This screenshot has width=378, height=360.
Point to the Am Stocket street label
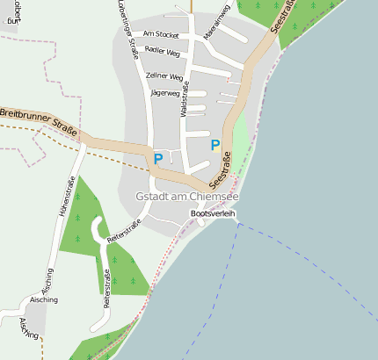pyautogui.click(x=161, y=34)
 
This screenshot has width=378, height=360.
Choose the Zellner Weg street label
pyautogui.click(x=164, y=76)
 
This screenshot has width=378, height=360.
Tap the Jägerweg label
pyautogui.click(x=165, y=92)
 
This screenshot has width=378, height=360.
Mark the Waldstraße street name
pyautogui.click(x=184, y=99)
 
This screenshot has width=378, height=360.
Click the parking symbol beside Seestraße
pyautogui.click(x=215, y=145)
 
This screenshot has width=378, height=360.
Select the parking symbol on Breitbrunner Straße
pyautogui.click(x=158, y=159)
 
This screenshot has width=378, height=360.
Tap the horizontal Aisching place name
pyautogui.click(x=43, y=299)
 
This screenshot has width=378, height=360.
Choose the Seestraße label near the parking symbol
pyautogui.click(x=222, y=169)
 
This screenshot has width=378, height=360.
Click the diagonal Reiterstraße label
pyautogui.click(x=124, y=229)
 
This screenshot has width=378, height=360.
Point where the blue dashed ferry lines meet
pyautogui.click(x=237, y=224)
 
